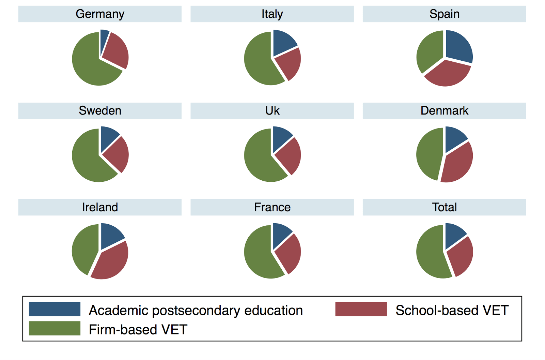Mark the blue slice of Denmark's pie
[454, 138]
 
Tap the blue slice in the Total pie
[454, 235]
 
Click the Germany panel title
[100, 14]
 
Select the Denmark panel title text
[444, 111]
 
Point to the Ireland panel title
[100, 207]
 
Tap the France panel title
[272, 207]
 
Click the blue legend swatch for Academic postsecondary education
[54, 309]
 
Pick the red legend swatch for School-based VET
[361, 309]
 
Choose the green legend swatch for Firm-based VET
[54, 328]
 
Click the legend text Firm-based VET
[138, 330]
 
